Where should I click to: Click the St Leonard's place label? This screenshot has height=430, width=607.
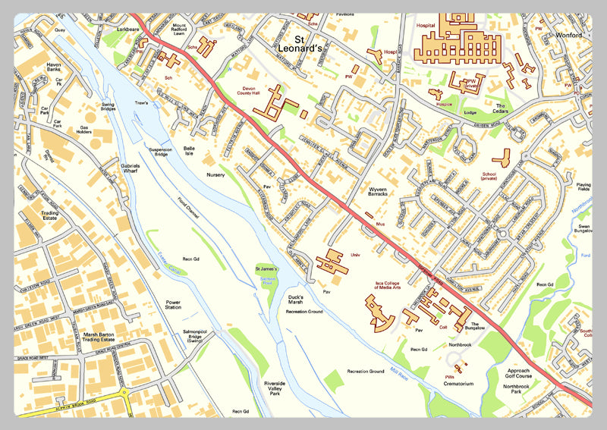310,43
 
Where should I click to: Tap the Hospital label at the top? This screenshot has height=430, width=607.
426,25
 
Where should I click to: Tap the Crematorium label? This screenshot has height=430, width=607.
459,384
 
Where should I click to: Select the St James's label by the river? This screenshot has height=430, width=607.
267,270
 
